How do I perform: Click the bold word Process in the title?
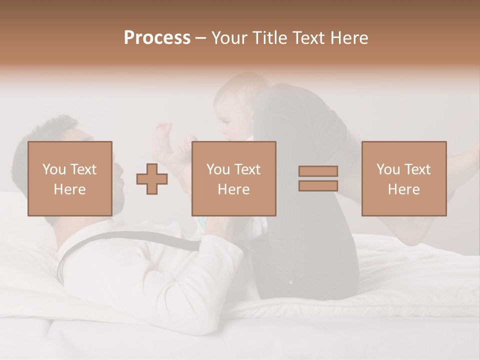coord(157,38)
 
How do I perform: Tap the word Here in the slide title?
coord(348,38)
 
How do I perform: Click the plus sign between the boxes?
coord(152,179)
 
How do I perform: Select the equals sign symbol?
coord(318,178)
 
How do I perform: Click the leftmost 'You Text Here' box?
coord(70,178)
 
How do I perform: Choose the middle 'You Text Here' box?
coord(234,178)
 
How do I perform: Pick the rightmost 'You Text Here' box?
coord(404,178)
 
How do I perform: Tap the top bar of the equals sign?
coord(318,171)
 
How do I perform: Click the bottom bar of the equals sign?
coord(318,185)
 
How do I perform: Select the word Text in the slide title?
coord(307,38)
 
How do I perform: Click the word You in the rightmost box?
coord(388,169)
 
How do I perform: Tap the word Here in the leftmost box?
coord(70,189)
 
